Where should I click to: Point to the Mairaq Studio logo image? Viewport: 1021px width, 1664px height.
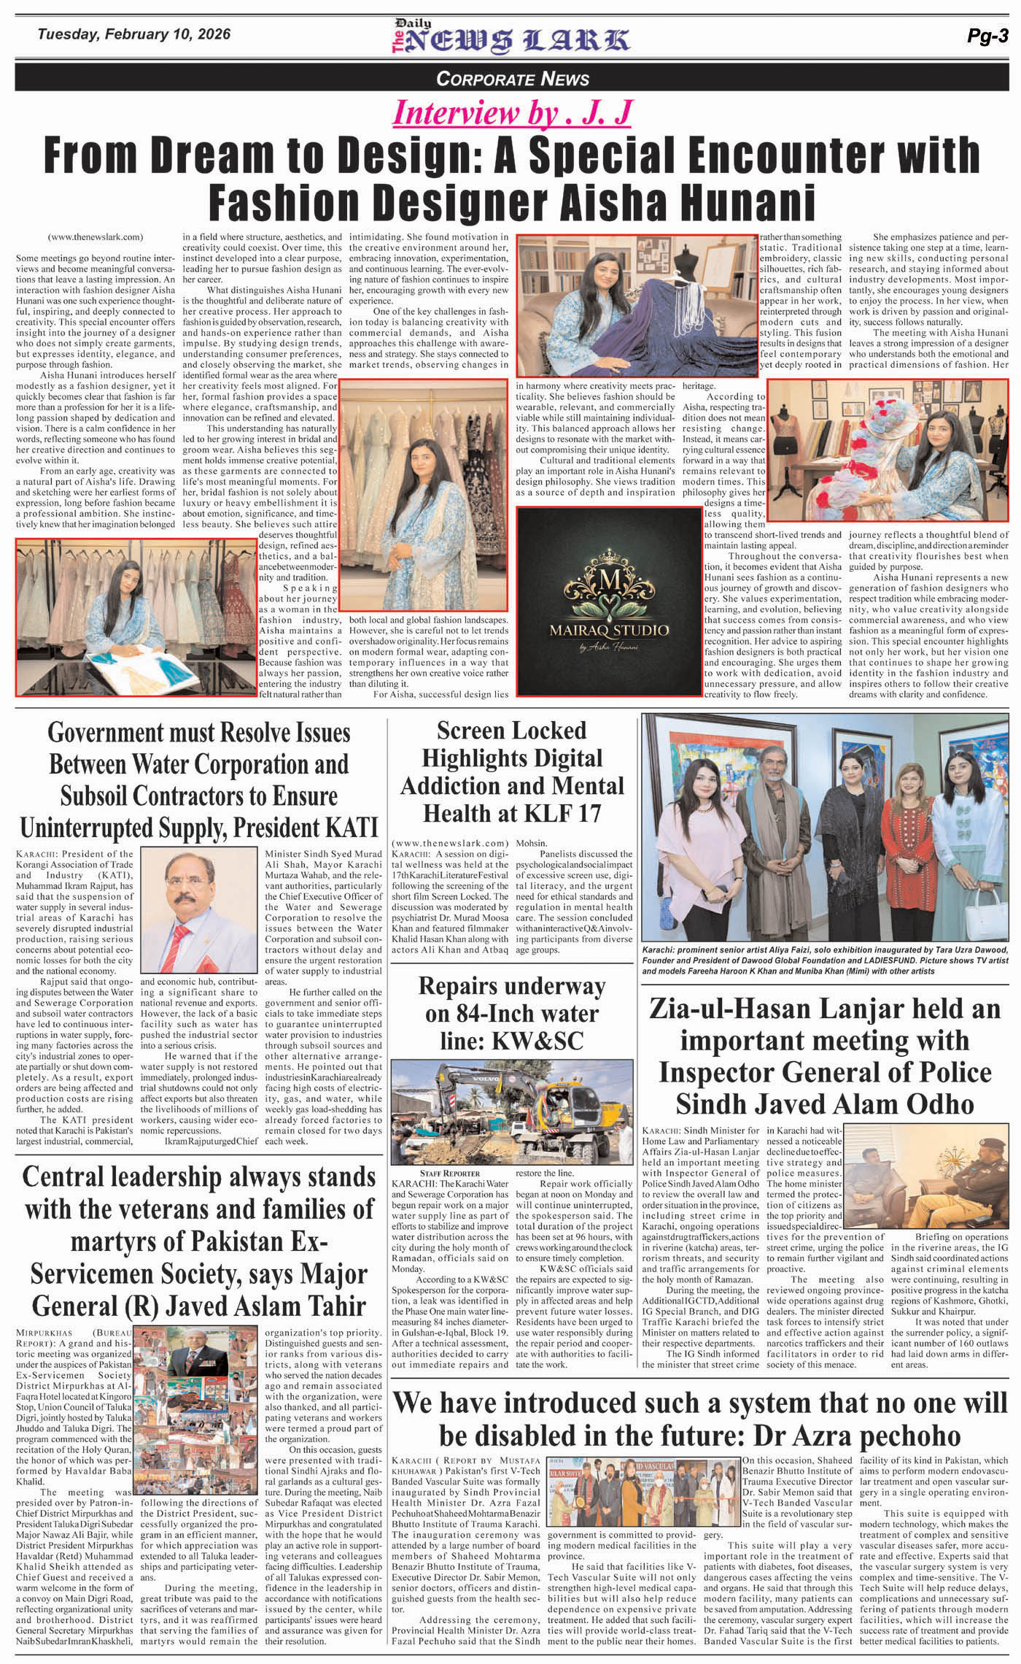609,599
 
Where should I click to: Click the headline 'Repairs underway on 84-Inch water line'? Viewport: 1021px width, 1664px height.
512,1014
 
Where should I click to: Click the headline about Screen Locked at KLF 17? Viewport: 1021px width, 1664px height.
512,771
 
